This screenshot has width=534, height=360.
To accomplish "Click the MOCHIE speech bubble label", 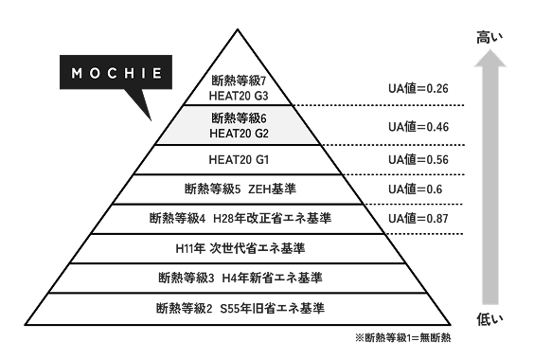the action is pyautogui.click(x=112, y=73).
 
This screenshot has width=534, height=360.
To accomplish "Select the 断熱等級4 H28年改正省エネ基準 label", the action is pyautogui.click(x=240, y=218).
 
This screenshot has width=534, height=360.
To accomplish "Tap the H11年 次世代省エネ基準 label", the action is pyautogui.click(x=240, y=248).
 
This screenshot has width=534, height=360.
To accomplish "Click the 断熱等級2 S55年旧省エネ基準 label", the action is pyautogui.click(x=240, y=308).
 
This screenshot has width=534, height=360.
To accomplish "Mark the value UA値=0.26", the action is pyautogui.click(x=418, y=88).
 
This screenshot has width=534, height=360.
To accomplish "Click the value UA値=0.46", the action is pyautogui.click(x=418, y=126).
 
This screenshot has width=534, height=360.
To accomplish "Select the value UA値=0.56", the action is pyautogui.click(x=418, y=158).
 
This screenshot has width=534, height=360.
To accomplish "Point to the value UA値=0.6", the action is pyautogui.click(x=415, y=189).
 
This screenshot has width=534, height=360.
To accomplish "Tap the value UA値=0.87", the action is pyautogui.click(x=418, y=219).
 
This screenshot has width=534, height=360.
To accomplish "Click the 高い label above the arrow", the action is pyautogui.click(x=489, y=37).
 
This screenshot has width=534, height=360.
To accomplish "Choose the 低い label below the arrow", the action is pyautogui.click(x=489, y=315).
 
